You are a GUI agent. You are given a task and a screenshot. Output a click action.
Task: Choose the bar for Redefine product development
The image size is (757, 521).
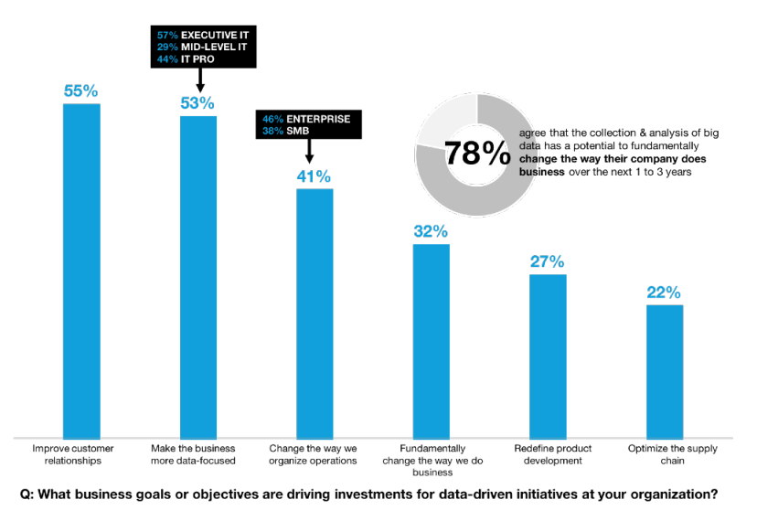click(x=548, y=356)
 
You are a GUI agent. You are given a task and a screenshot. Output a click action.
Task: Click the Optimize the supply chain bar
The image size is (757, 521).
click(x=665, y=370)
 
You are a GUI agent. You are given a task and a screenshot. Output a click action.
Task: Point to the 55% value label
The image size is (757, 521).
click(x=80, y=91)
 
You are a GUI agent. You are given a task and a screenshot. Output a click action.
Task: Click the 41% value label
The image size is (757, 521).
click(x=314, y=176)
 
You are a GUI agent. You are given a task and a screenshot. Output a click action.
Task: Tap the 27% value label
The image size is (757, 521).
click(x=548, y=261)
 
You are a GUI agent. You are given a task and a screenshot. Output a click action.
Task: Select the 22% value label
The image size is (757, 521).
click(x=665, y=292)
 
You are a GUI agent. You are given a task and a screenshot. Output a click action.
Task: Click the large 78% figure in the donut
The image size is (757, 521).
click(x=477, y=154)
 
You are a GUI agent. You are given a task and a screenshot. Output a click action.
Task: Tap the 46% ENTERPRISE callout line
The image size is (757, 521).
click(x=304, y=119)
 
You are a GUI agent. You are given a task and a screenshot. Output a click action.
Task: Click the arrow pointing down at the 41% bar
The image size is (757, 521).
click(x=309, y=153)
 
